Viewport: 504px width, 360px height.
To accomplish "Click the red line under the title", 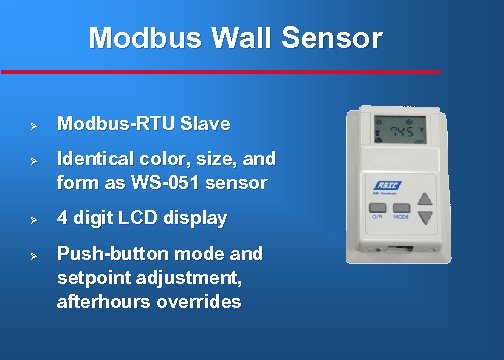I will pos(220,72).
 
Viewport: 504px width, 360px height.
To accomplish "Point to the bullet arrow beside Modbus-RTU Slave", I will pos(33,126).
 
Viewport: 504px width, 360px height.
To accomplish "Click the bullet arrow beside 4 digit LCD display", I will pos(33,219).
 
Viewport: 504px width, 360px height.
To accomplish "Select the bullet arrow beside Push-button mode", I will pos(33,254).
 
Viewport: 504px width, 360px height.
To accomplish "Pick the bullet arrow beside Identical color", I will pos(33,160).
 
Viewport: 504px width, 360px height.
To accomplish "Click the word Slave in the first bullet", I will pos(205,125).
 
